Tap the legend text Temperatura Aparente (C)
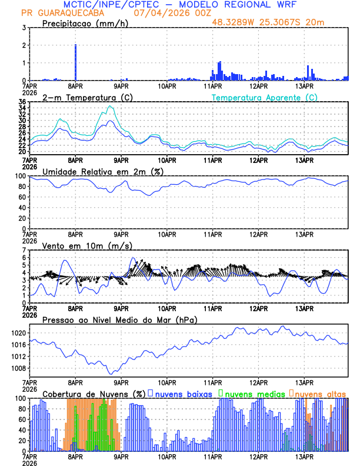(x=264, y=97)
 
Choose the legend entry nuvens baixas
(x=184, y=393)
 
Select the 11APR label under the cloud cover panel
(x=213, y=456)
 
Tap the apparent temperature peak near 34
(x=110, y=106)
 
